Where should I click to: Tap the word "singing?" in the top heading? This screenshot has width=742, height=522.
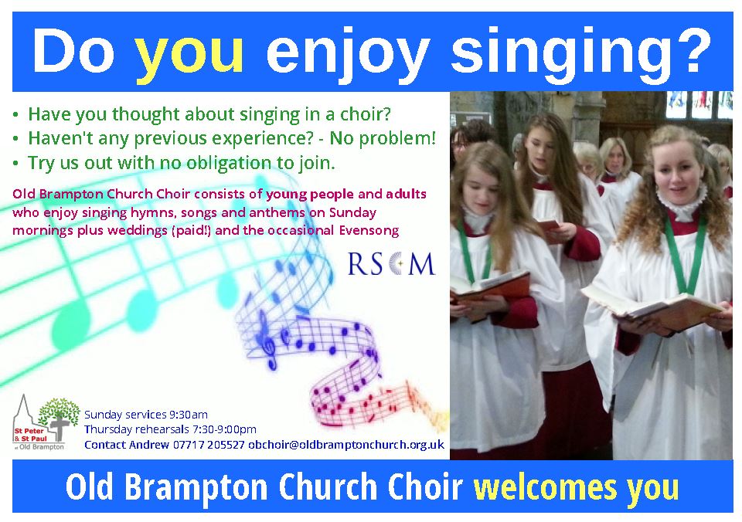point(581,50)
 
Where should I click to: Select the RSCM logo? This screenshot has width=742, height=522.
point(391,264)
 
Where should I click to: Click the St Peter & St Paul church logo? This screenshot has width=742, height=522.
point(46,423)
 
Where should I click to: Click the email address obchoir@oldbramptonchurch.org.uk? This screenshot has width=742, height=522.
point(346,445)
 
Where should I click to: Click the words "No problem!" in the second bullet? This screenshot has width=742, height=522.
point(383,138)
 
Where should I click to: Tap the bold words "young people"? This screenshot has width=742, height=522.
point(310,194)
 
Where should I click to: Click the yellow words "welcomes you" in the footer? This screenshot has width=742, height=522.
point(577,486)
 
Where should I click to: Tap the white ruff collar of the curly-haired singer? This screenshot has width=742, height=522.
point(682,205)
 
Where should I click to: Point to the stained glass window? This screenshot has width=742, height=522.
point(699,104)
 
